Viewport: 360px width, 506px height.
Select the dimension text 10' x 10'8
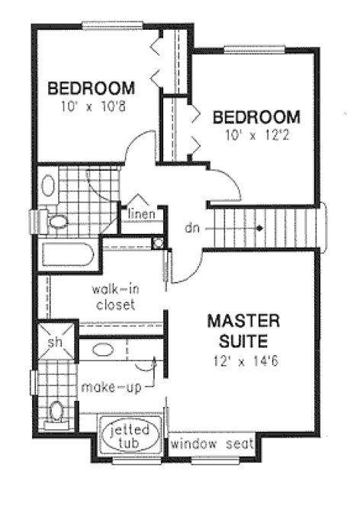(x=92, y=107)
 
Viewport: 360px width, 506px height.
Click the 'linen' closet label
(x=142, y=213)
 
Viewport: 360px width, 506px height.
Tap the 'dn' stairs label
(x=194, y=228)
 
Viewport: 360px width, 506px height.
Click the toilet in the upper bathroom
(x=56, y=222)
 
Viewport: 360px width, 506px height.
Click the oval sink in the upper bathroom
(x=47, y=186)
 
